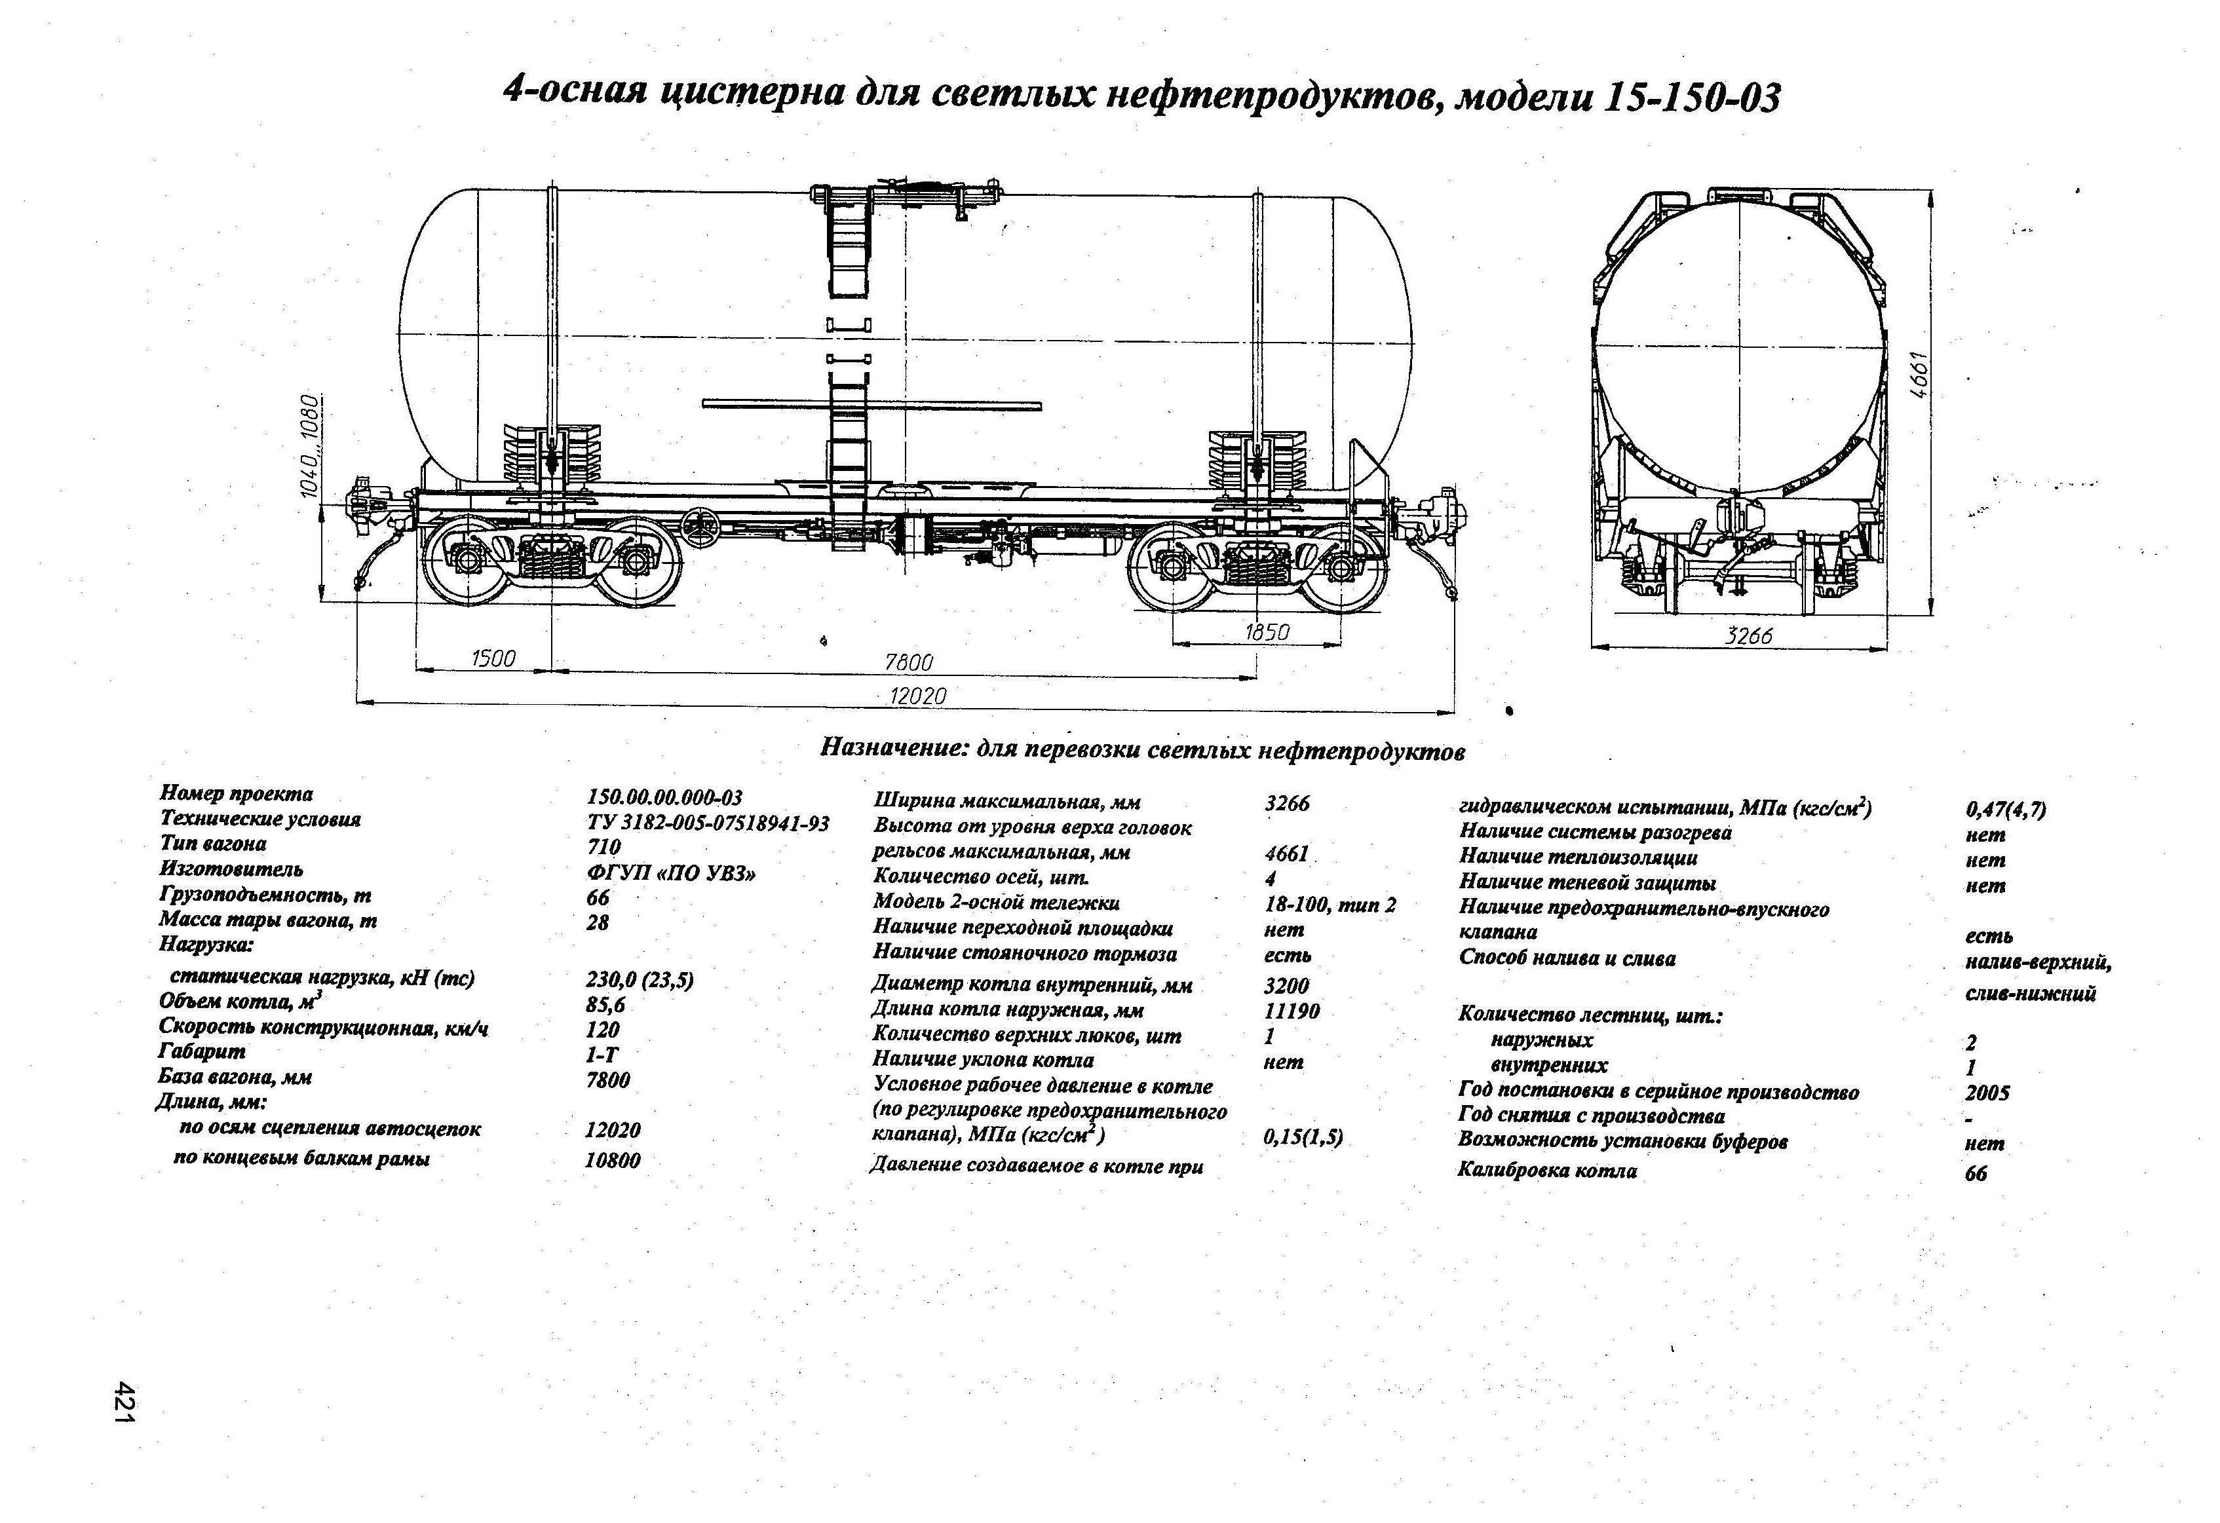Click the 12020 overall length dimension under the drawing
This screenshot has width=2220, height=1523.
[x=917, y=696]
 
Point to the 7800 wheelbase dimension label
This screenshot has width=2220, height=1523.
[x=908, y=662]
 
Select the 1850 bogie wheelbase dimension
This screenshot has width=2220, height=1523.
[x=1267, y=631]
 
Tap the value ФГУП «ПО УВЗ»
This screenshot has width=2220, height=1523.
[x=670, y=873]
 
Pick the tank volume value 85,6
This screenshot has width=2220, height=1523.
[x=605, y=1004]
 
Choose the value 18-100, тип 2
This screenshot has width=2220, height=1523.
[x=1329, y=903]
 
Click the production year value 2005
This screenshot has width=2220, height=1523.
[x=1987, y=1093]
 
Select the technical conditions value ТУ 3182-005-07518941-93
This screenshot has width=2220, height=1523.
[x=707, y=823]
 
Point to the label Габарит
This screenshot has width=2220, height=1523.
[x=202, y=1051]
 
